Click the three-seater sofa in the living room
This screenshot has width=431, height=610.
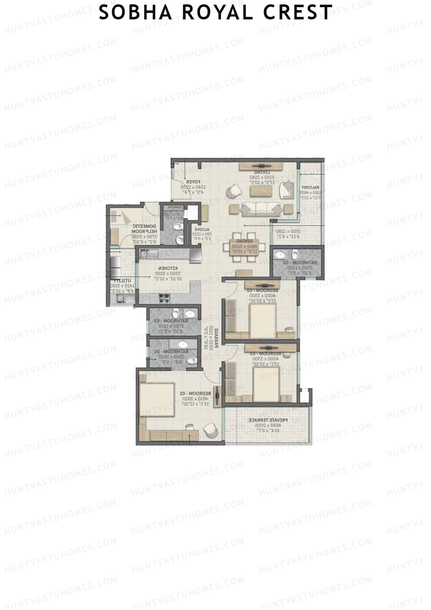pos(258,208)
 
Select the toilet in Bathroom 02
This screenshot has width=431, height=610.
pos(295,255)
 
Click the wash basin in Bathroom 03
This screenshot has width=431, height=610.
pos(192,313)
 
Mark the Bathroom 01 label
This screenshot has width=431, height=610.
pos(171,351)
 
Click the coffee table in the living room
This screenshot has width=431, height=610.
pos(261,191)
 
